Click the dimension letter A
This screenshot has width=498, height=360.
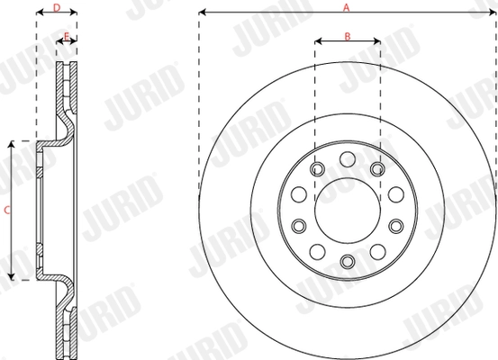(x=346, y=6)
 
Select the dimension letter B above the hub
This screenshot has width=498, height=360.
(x=347, y=37)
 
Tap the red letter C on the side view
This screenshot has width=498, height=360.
(x=7, y=211)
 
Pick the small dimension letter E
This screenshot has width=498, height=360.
(x=67, y=37)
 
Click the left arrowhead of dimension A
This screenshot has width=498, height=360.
(x=202, y=13)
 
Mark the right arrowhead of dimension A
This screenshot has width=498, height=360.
(x=493, y=13)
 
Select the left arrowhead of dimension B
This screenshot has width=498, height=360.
(x=318, y=42)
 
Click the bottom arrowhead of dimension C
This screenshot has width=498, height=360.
(x=12, y=276)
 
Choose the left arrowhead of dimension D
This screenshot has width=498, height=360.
(x=39, y=14)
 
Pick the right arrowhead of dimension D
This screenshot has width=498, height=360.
(x=75, y=14)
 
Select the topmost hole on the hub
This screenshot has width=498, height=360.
(x=347, y=159)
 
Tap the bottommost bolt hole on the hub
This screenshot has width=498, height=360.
(x=347, y=261)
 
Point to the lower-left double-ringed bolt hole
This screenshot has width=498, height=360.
(x=299, y=225)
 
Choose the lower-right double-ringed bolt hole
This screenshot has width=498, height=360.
(x=394, y=225)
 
